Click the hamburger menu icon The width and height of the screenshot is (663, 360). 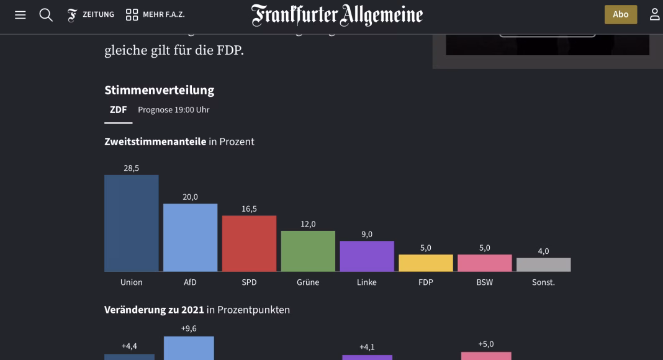(20, 15)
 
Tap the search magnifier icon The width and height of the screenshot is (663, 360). (46, 15)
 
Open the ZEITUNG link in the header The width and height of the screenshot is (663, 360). (91, 15)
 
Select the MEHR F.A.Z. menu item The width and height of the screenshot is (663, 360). (155, 15)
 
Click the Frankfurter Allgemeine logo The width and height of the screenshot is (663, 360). (337, 15)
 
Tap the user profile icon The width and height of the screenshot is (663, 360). (654, 15)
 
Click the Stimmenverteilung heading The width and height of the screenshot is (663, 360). (159, 90)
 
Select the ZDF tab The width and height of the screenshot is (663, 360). (118, 110)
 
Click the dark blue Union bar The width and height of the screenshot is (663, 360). (131, 223)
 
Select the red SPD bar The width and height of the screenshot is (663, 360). (249, 243)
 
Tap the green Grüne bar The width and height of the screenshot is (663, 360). (308, 251)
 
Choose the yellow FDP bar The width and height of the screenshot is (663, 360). (426, 263)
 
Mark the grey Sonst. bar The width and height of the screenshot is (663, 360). (543, 265)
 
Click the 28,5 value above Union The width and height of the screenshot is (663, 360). (131, 168)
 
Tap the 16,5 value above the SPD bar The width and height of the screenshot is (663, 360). (249, 209)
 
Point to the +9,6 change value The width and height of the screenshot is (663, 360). (189, 329)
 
